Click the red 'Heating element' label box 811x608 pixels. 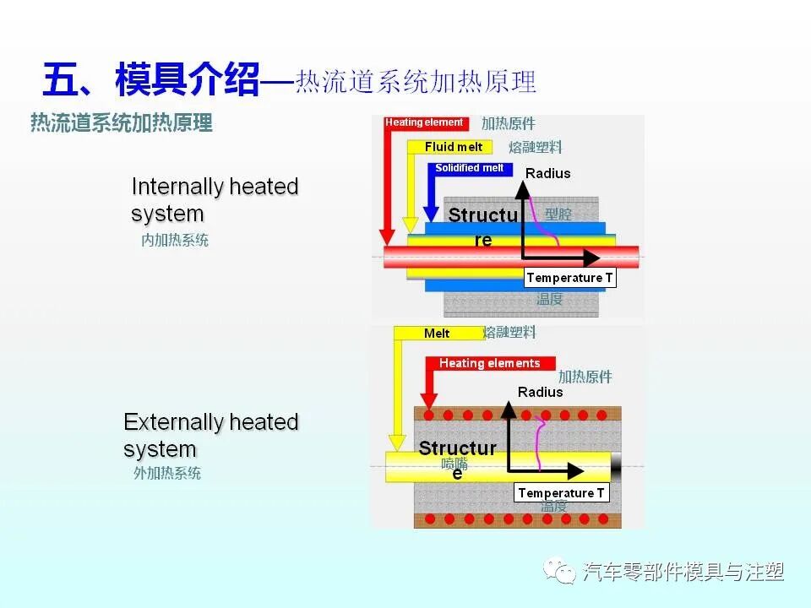[424, 122]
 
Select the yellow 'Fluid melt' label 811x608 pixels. [454, 147]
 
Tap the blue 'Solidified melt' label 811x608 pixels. [469, 168]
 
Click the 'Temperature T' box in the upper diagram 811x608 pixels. [569, 278]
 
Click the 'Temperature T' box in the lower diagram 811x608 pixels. [561, 493]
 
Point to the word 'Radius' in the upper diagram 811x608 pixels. [548, 173]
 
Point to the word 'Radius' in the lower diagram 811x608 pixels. [540, 392]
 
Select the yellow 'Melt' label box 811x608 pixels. [437, 334]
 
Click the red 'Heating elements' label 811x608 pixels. [489, 363]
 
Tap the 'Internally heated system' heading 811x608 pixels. [215, 199]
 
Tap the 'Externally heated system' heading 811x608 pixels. [210, 435]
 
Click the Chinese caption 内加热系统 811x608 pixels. [175, 241]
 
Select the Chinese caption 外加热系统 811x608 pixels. [167, 474]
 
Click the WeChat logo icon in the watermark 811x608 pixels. [560, 572]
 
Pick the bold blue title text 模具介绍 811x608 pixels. [188, 82]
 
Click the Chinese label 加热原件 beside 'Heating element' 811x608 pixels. [509, 123]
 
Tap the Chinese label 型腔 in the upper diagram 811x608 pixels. [558, 214]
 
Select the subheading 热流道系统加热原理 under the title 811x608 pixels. [122, 123]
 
